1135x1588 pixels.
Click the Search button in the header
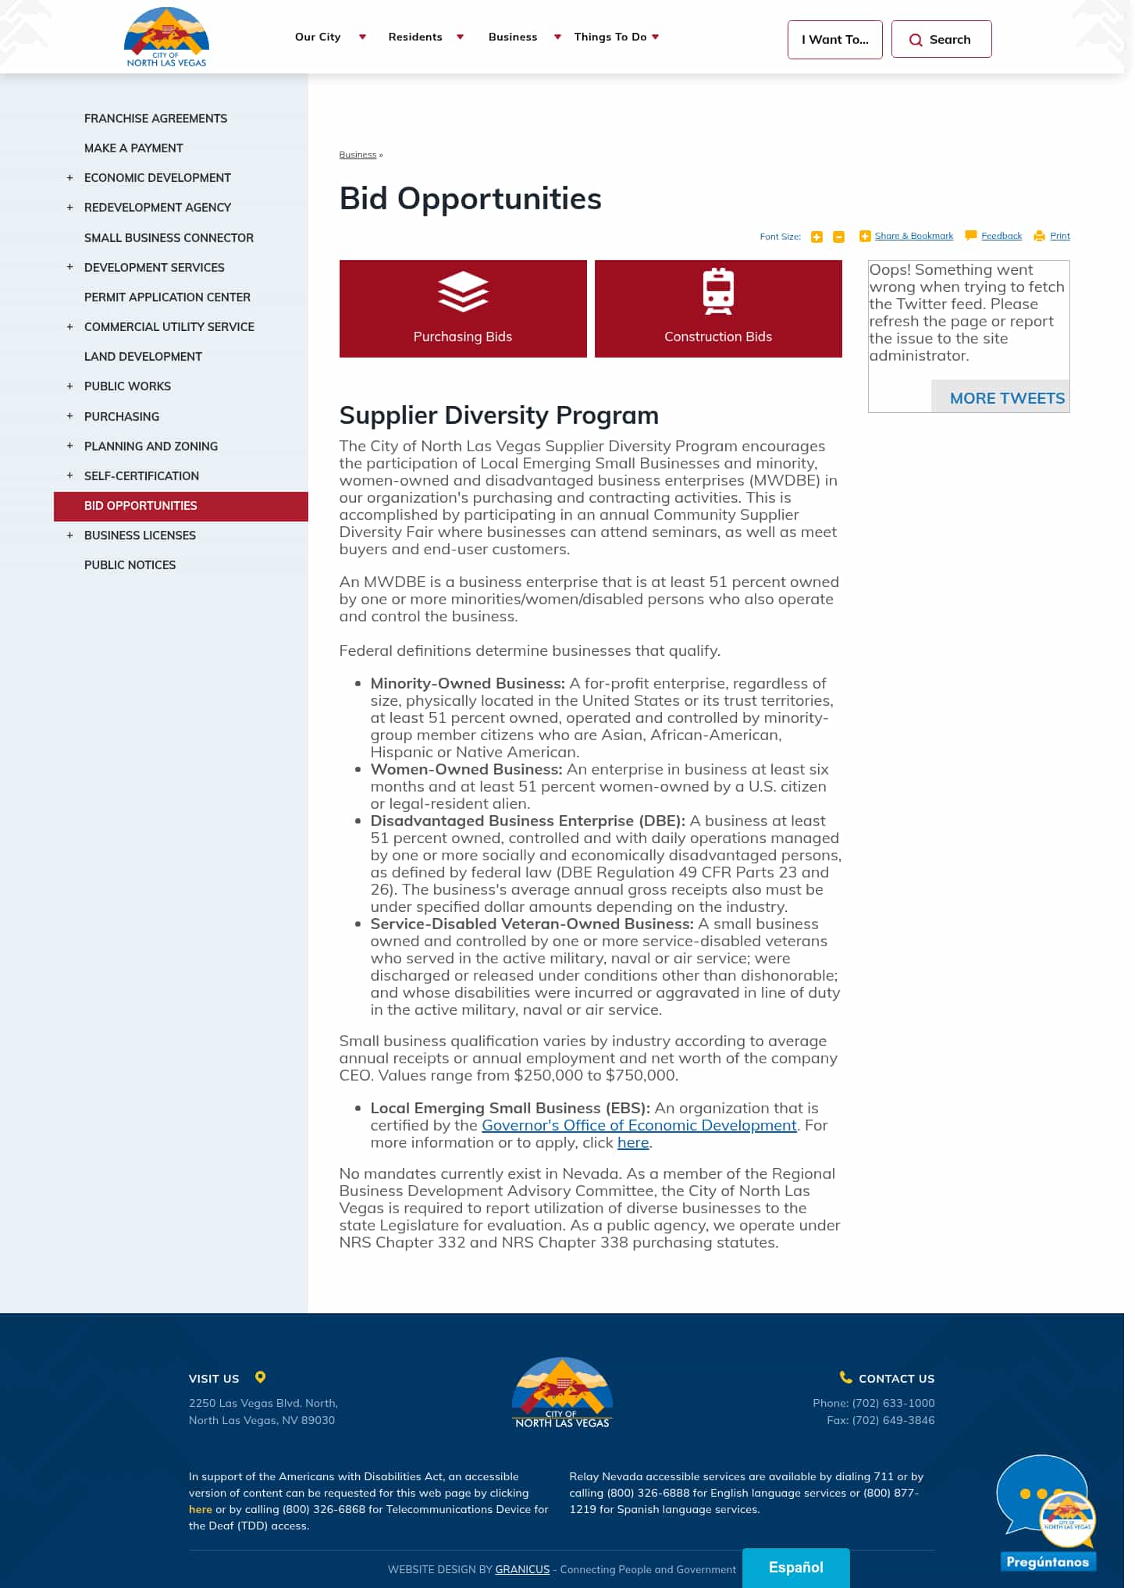click(941, 39)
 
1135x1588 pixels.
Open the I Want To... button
click(834, 39)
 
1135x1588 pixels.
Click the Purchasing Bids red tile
click(462, 308)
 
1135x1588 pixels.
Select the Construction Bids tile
click(717, 308)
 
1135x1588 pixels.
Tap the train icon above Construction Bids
click(717, 291)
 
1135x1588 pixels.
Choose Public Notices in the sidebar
click(130, 564)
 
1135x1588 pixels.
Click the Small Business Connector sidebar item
click(169, 237)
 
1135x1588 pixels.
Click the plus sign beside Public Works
click(69, 386)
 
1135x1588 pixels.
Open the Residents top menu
click(415, 37)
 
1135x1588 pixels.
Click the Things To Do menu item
click(610, 37)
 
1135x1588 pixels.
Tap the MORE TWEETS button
click(1006, 398)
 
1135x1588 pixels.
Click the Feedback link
click(1001, 236)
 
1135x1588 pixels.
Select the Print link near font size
click(1059, 236)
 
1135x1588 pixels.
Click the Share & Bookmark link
click(913, 236)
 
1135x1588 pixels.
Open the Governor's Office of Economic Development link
click(639, 1125)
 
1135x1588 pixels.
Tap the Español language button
click(795, 1567)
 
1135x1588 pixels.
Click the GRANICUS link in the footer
click(522, 1569)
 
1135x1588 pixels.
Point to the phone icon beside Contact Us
click(845, 1377)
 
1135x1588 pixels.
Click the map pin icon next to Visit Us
click(261, 1377)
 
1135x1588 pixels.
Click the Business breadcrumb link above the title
click(358, 155)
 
